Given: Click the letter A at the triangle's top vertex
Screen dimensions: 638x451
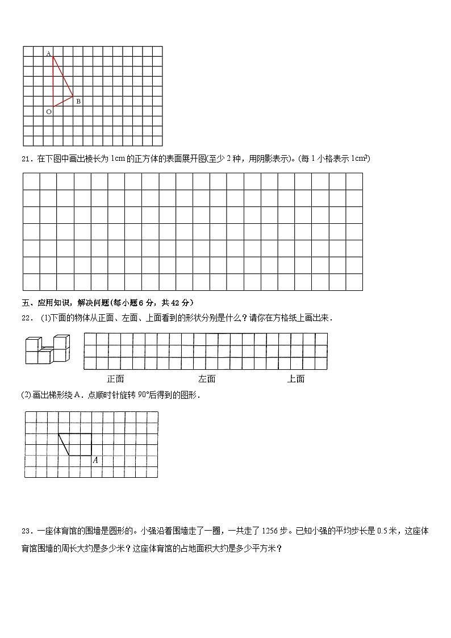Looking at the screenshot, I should (x=48, y=53).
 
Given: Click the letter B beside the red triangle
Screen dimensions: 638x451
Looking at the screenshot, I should (x=78, y=101).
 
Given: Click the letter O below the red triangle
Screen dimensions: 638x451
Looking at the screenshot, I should (x=48, y=112).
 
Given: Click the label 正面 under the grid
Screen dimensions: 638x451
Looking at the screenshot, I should (x=115, y=379).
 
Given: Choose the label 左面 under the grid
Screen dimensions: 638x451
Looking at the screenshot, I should (x=207, y=379).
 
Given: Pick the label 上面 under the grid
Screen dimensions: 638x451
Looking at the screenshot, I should (x=295, y=379).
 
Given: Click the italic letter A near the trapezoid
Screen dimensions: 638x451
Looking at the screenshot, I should (x=95, y=460).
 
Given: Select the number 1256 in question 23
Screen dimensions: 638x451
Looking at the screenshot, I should (x=270, y=531).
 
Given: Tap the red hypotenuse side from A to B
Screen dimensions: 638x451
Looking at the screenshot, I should (x=63, y=77).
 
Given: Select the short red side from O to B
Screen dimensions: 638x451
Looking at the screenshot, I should (x=63, y=102).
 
